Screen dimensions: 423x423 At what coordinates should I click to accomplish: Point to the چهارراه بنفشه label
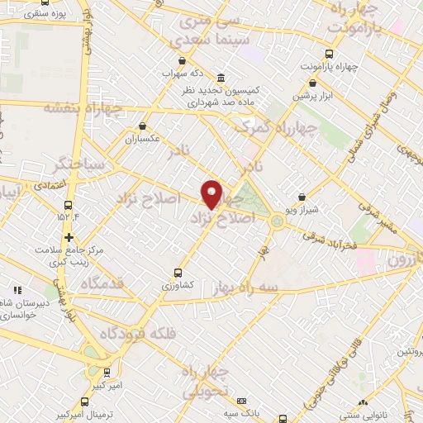[82, 107]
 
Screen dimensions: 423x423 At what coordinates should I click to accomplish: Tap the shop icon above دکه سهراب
[182, 60]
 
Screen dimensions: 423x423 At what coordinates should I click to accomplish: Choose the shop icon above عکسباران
[143, 126]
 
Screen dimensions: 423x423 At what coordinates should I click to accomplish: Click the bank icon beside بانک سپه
[242, 401]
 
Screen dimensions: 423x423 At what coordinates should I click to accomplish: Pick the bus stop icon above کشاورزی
[178, 273]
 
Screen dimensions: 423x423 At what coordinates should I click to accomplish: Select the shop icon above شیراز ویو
[302, 197]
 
